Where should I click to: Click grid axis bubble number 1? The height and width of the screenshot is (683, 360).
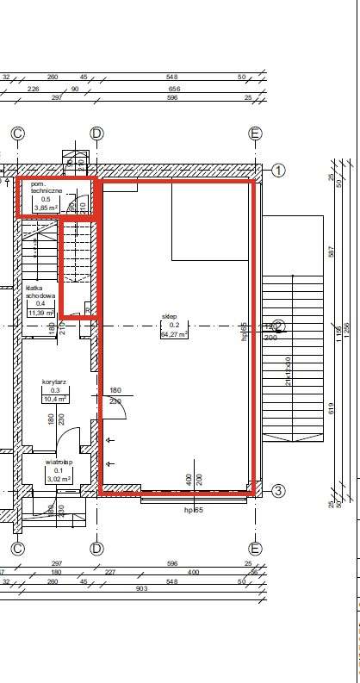278,170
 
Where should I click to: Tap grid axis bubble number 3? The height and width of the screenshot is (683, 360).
278,492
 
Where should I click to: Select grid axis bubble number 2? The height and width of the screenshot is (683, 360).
278,326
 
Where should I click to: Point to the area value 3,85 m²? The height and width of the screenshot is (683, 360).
46,208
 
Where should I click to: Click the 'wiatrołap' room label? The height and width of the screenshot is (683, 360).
59,462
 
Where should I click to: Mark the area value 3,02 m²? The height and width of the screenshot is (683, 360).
59,481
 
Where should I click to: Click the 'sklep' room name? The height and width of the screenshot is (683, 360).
170,317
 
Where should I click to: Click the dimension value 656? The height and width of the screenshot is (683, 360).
174,89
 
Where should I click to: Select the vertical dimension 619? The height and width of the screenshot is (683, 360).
331,410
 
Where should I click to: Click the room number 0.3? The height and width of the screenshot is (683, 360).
56,390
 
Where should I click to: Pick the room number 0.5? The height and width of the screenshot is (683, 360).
47,199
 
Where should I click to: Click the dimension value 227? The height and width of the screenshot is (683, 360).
109,572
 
